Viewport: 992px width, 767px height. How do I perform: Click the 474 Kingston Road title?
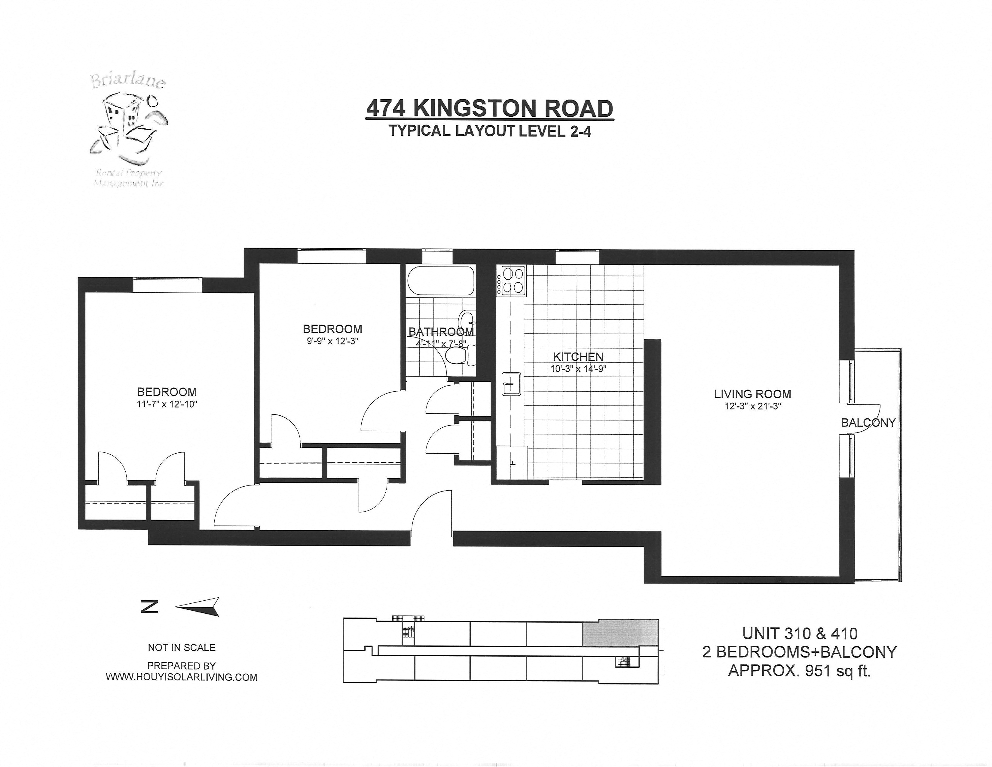(489, 109)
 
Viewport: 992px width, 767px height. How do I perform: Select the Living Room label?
(752, 394)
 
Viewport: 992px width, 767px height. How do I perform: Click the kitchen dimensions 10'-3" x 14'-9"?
(578, 369)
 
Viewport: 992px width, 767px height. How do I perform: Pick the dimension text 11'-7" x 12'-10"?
(167, 404)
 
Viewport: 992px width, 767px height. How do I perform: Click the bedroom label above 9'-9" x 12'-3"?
(332, 329)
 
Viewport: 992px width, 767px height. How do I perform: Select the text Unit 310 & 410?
(799, 633)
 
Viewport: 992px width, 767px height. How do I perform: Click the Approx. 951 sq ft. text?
(799, 671)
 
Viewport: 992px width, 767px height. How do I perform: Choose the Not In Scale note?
(182, 648)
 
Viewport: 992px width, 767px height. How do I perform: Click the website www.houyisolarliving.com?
(182, 677)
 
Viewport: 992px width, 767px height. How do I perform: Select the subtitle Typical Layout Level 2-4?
(490, 132)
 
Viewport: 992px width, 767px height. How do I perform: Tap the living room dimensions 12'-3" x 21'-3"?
(752, 407)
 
